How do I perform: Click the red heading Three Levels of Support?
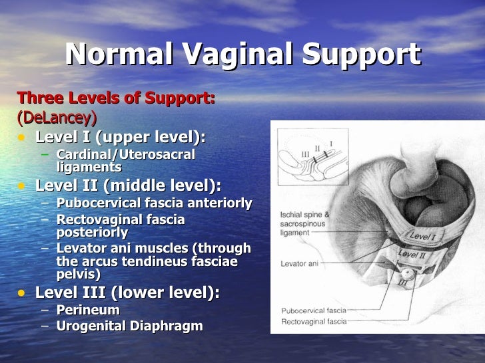pos(116,100)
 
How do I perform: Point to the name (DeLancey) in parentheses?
pos(57,118)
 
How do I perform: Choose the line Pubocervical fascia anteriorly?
pos(154,202)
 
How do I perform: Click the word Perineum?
pos(88,310)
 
